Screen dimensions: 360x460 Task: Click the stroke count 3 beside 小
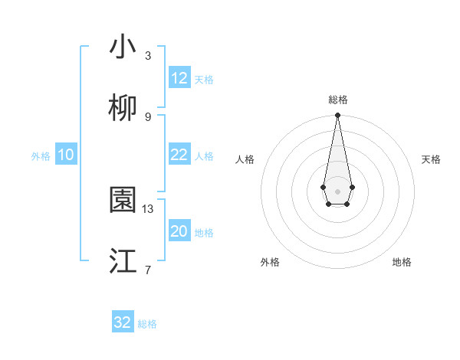(x=148, y=56)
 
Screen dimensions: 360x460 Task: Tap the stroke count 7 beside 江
(x=148, y=270)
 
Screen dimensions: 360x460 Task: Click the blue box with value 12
(x=179, y=78)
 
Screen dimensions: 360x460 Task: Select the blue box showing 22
(x=179, y=155)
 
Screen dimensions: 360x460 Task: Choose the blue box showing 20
(x=179, y=231)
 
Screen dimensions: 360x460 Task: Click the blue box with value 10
(x=66, y=155)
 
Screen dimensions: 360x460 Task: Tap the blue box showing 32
(x=123, y=322)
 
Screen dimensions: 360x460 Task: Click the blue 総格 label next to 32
(x=147, y=324)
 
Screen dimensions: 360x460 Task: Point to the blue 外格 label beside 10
(x=41, y=156)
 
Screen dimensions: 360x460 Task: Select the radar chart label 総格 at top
(x=337, y=100)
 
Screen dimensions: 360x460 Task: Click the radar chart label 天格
(x=432, y=159)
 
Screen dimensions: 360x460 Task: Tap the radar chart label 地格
(x=402, y=262)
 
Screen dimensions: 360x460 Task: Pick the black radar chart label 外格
(x=270, y=262)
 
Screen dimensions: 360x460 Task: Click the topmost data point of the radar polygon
(x=337, y=116)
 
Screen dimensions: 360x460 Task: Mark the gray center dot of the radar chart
(x=337, y=190)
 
